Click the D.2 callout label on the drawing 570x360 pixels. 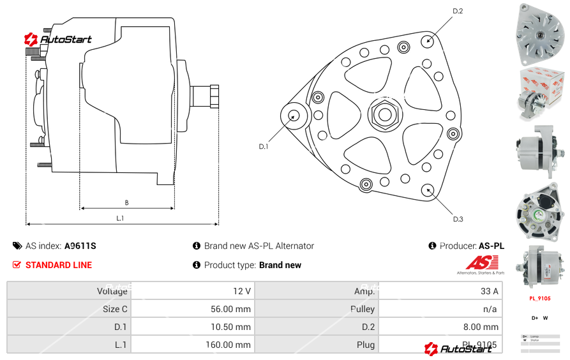(x=458, y=11)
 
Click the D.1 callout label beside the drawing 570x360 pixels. (x=264, y=147)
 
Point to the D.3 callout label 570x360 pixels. (x=458, y=220)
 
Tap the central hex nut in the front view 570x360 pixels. (x=384, y=115)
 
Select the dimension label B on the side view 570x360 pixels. (x=126, y=203)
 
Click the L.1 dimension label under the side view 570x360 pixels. (x=120, y=219)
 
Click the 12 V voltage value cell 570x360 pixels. (x=242, y=291)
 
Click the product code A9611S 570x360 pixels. (x=80, y=246)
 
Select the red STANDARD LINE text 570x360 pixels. (x=59, y=265)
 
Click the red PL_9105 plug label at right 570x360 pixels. (x=540, y=298)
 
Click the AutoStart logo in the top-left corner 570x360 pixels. (x=58, y=40)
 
